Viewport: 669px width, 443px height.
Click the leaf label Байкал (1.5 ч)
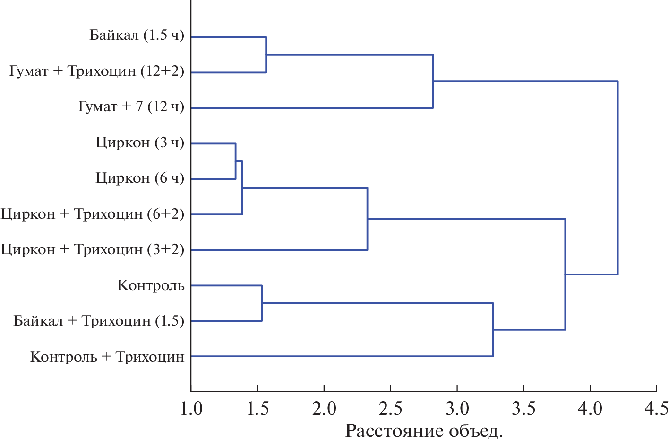137,35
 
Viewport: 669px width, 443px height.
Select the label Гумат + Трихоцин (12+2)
96,71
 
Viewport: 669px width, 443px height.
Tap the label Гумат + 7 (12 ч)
131,107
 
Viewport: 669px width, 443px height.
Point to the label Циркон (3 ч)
140,142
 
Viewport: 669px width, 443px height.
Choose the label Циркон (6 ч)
140,178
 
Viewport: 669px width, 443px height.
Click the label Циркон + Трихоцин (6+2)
93,214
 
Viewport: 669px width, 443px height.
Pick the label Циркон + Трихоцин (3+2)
93,249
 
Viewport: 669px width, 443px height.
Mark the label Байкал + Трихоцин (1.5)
99,321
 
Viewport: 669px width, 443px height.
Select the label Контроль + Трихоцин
107,356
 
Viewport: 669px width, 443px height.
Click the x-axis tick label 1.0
191,408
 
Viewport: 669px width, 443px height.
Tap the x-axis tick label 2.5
391,408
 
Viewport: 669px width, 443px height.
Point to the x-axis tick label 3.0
457,408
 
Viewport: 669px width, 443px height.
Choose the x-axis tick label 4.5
657,408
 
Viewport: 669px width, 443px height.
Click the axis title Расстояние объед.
424,431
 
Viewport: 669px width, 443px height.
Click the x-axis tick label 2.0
324,408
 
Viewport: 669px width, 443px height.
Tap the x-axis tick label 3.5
524,408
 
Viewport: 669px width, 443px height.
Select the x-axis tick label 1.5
257,408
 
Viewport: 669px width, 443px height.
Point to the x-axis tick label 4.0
591,408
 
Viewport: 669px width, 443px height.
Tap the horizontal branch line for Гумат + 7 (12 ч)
312,108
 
